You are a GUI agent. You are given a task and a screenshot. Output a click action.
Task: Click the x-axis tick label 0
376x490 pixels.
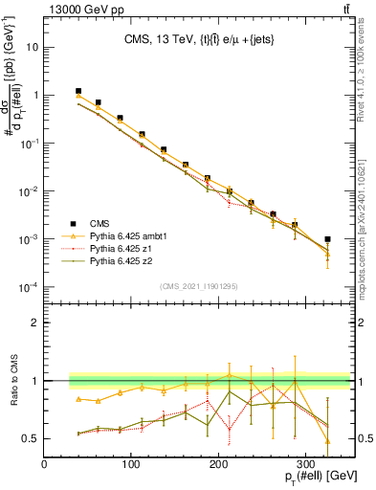(x=44, y=463)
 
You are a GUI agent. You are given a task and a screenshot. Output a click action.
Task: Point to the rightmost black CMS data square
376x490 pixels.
(x=327, y=239)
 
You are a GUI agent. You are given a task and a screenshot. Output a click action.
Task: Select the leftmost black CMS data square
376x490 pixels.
(x=78, y=91)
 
